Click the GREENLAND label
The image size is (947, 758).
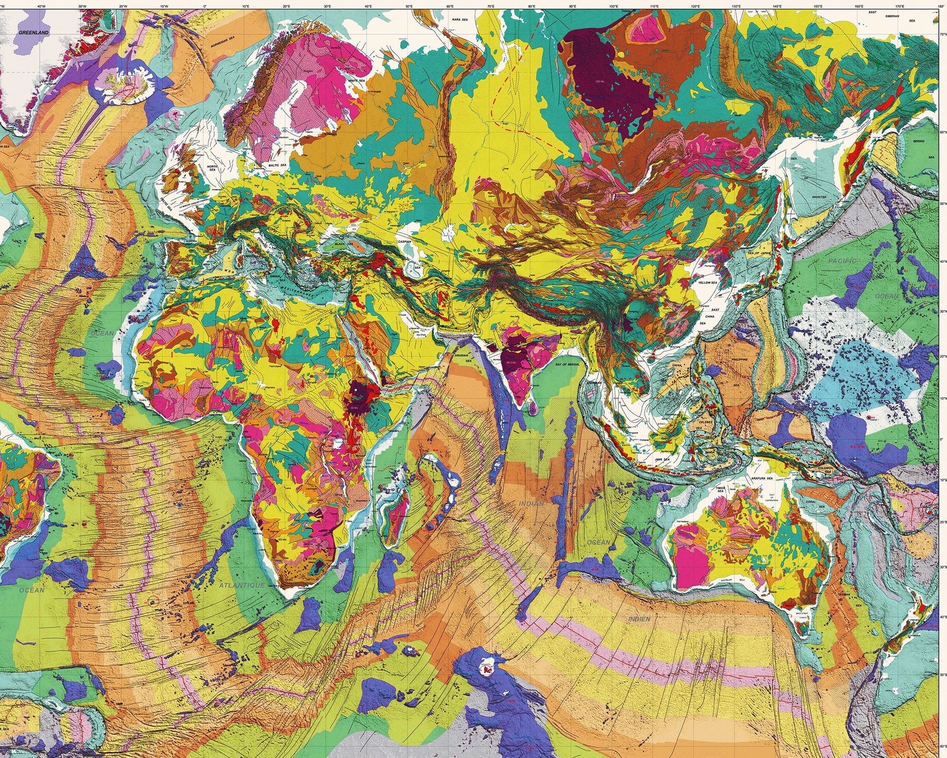tap(33, 33)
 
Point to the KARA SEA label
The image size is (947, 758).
tap(459, 20)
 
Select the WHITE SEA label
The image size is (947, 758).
tap(356, 81)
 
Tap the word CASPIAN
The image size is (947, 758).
tap(404, 242)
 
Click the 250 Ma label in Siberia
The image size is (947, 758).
tap(600, 82)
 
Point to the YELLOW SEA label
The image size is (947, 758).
tap(707, 283)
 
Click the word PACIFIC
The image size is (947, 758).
tap(842, 261)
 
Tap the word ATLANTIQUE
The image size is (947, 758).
tap(241, 585)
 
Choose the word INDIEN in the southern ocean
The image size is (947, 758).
tap(639, 619)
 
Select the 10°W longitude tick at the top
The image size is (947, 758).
tap(164, 7)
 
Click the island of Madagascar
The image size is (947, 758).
tap(393, 516)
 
